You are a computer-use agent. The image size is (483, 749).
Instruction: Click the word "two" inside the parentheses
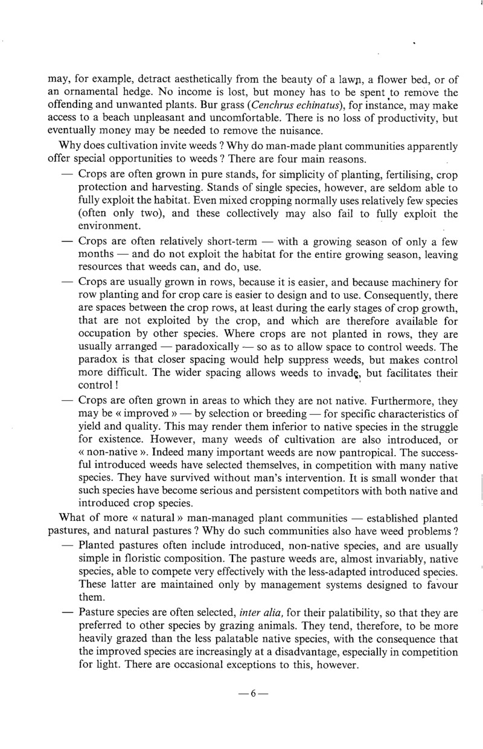pos(146,213)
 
